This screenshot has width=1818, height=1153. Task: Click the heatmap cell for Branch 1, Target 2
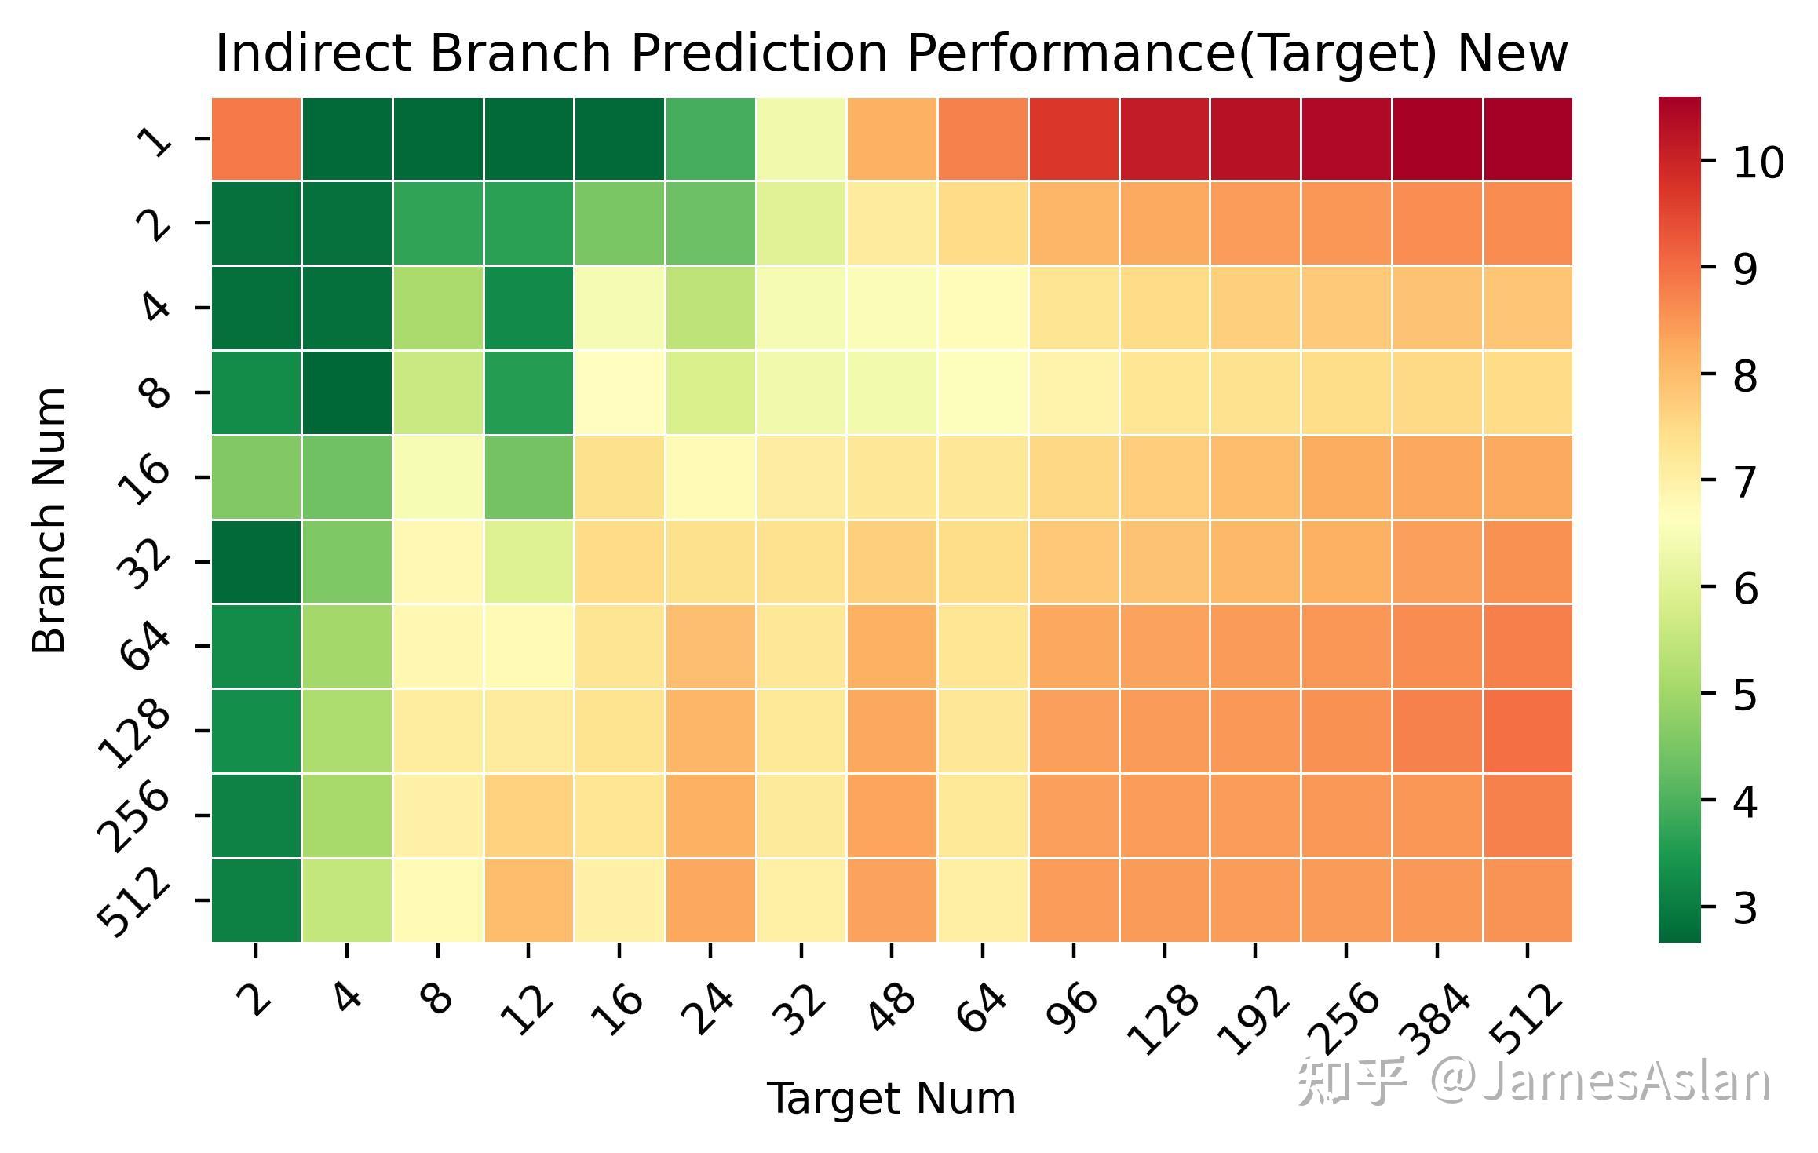256,139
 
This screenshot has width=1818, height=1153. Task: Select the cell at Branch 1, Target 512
1528,139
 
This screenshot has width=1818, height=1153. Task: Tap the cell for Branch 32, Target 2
256,562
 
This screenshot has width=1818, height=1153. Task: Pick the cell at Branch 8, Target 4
347,392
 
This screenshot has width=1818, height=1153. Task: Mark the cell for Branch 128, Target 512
1528,731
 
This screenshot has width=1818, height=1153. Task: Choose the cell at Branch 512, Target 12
529,899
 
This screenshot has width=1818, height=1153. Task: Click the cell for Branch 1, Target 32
801,139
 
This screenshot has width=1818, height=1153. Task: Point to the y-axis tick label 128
134,732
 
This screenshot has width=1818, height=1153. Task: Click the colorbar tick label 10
1758,163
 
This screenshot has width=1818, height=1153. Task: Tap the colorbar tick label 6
1745,589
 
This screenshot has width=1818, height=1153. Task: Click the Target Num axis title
891,1098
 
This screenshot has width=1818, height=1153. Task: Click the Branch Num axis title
49,520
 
